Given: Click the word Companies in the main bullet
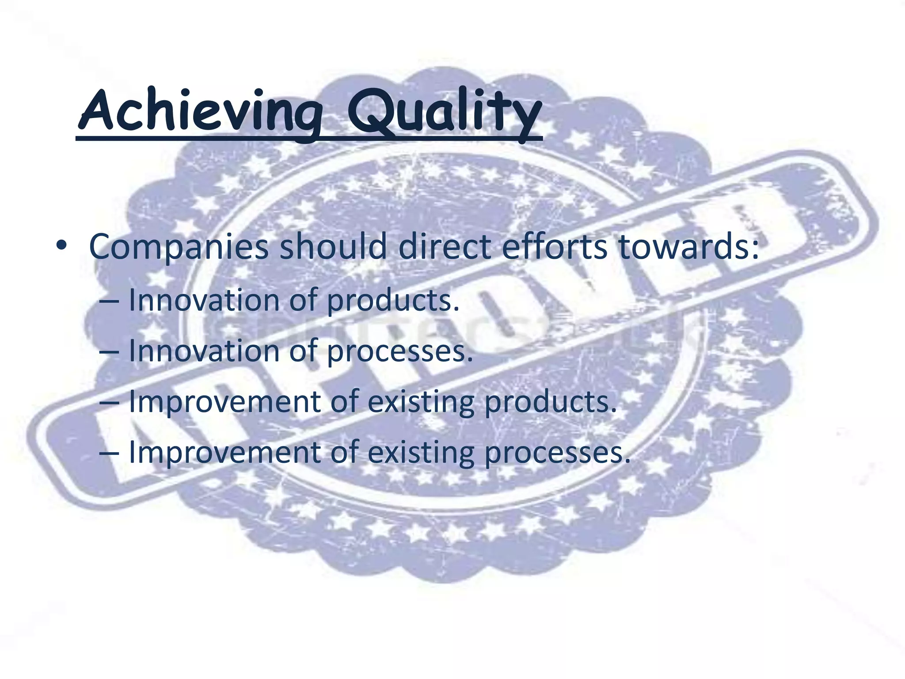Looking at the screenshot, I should pos(179,247).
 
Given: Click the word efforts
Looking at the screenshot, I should pos(555,246).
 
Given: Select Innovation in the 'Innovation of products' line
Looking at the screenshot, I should pos(203,300).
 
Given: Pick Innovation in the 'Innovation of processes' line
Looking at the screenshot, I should pos(203,351).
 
